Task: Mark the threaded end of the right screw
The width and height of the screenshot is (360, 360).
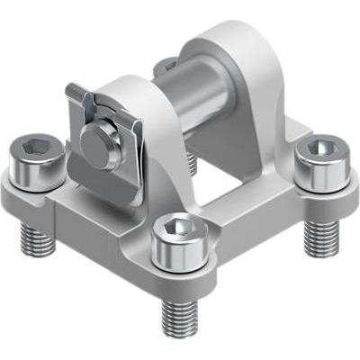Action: click(x=320, y=236)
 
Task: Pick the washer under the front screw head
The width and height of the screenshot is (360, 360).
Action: click(x=180, y=261)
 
